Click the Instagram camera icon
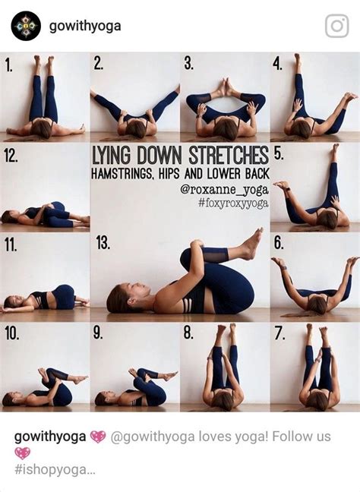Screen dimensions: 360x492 (336, 26)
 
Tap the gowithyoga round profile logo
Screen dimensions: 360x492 (25, 26)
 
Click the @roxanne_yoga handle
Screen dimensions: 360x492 (224, 190)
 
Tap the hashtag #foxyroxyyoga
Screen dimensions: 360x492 (233, 203)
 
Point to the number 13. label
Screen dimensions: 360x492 (103, 243)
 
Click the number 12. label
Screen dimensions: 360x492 (11, 156)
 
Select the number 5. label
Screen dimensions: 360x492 (279, 153)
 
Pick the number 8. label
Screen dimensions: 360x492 (188, 333)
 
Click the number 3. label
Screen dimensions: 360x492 (188, 63)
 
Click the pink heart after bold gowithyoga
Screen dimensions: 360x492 (98, 437)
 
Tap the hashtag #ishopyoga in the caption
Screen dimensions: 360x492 (54, 469)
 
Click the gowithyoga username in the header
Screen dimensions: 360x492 (85, 26)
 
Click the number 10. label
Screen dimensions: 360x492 (11, 333)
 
